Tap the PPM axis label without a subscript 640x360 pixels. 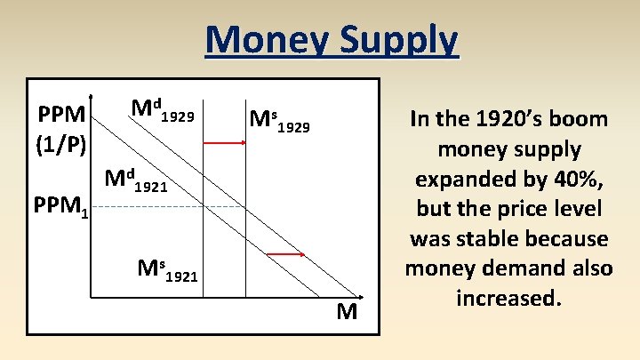[x=60, y=115]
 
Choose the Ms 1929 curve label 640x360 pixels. [x=279, y=121]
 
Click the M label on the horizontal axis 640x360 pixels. [x=347, y=312]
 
